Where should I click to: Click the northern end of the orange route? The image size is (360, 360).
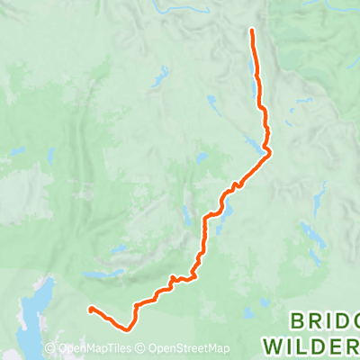[x=251, y=31]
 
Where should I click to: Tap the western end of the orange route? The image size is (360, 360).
[x=90, y=310]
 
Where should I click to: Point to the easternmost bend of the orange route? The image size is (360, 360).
[x=268, y=153]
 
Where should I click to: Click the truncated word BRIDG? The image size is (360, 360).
[x=324, y=321]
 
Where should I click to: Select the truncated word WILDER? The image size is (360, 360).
[x=310, y=345]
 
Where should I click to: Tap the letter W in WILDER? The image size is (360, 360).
[x=272, y=345]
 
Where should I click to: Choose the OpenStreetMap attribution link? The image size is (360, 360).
[x=189, y=349]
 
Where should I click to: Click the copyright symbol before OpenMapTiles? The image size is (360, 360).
[x=51, y=349]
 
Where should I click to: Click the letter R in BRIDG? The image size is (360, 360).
[x=314, y=321]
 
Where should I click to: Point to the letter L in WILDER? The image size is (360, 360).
[x=301, y=345]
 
